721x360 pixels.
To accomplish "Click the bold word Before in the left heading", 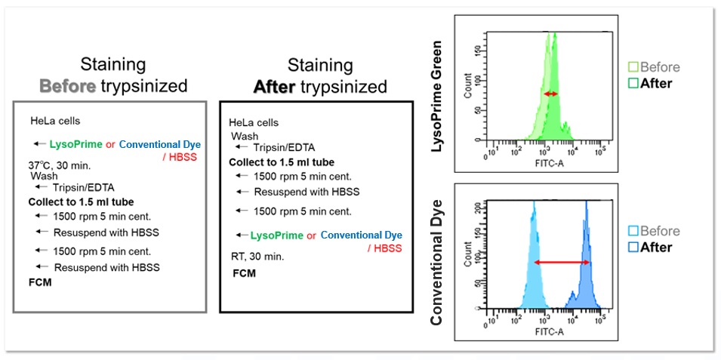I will (x=67, y=86).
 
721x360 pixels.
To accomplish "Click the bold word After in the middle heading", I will (x=275, y=88).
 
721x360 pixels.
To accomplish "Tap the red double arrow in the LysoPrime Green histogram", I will (x=551, y=94).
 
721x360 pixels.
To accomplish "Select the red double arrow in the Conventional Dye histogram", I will (x=562, y=262).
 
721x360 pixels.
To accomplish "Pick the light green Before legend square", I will (x=633, y=67).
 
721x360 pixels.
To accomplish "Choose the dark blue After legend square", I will (x=633, y=246).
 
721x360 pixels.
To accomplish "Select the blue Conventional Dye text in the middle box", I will (x=366, y=235).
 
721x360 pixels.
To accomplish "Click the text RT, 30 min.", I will (x=257, y=257).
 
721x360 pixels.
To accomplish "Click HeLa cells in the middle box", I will (x=254, y=122).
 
